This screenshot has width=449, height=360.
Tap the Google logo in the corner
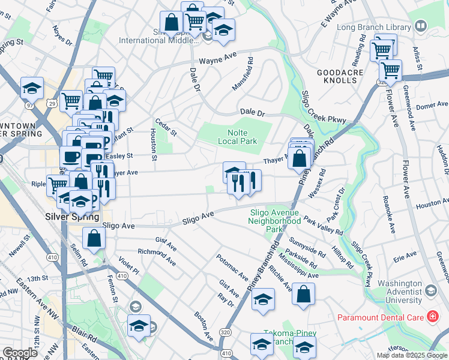20,353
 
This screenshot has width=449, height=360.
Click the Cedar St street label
165,127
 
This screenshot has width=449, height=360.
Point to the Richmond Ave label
157,257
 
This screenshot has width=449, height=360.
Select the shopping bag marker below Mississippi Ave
304,295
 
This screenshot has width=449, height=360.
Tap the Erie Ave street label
405,256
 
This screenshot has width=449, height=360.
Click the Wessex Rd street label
317,184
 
